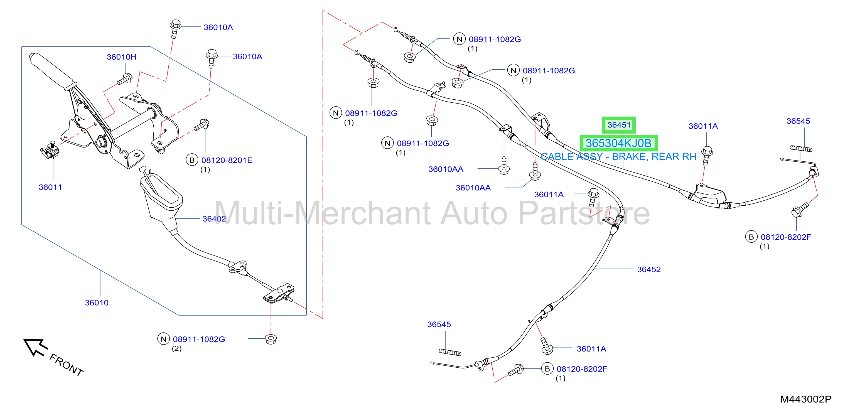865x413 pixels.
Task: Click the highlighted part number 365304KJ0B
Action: click(x=618, y=143)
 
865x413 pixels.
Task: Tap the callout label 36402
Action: click(x=214, y=219)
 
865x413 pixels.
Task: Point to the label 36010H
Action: click(x=122, y=57)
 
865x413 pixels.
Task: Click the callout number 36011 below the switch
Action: click(x=50, y=187)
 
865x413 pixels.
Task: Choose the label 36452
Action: click(x=649, y=269)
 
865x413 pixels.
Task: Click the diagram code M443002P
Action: click(x=805, y=399)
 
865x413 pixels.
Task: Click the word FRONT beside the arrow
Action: click(x=67, y=365)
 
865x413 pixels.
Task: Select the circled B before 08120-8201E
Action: click(x=192, y=160)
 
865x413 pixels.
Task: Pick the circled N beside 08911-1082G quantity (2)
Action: click(x=164, y=339)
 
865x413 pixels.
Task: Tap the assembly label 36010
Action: click(x=97, y=303)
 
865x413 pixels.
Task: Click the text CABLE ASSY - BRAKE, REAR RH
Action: click(x=618, y=157)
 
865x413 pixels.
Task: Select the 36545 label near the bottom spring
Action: click(x=439, y=324)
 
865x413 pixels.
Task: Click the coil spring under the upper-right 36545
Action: click(x=801, y=148)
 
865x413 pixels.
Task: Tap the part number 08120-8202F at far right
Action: click(x=786, y=237)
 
